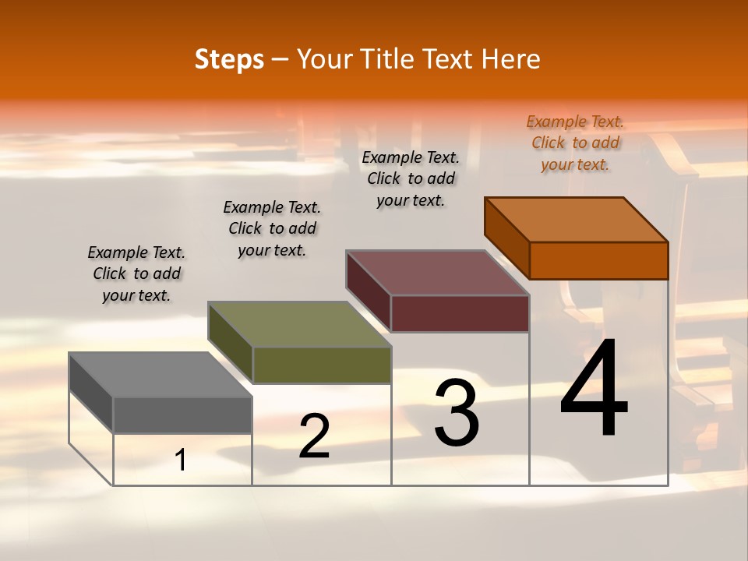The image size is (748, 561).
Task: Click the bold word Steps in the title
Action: [x=229, y=59]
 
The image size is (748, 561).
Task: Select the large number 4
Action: [x=594, y=389]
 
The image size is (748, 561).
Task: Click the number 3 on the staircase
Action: [x=457, y=413]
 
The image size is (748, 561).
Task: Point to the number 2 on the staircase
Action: [x=314, y=436]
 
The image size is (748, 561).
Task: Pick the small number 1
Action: [x=181, y=460]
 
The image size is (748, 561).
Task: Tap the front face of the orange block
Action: [x=598, y=260]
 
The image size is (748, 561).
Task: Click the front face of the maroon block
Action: [x=460, y=313]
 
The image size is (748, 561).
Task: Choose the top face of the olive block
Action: [x=300, y=324]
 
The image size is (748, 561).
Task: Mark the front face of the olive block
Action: [x=322, y=365]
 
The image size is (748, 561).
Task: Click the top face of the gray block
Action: [x=161, y=375]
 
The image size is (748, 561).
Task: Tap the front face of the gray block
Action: [x=182, y=415]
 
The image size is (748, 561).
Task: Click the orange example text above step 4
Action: [x=575, y=143]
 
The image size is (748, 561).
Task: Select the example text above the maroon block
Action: [x=411, y=178]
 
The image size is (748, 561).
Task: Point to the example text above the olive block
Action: [x=272, y=228]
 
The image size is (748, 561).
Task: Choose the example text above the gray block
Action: [x=136, y=274]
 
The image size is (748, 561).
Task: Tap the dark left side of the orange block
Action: [x=506, y=238]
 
